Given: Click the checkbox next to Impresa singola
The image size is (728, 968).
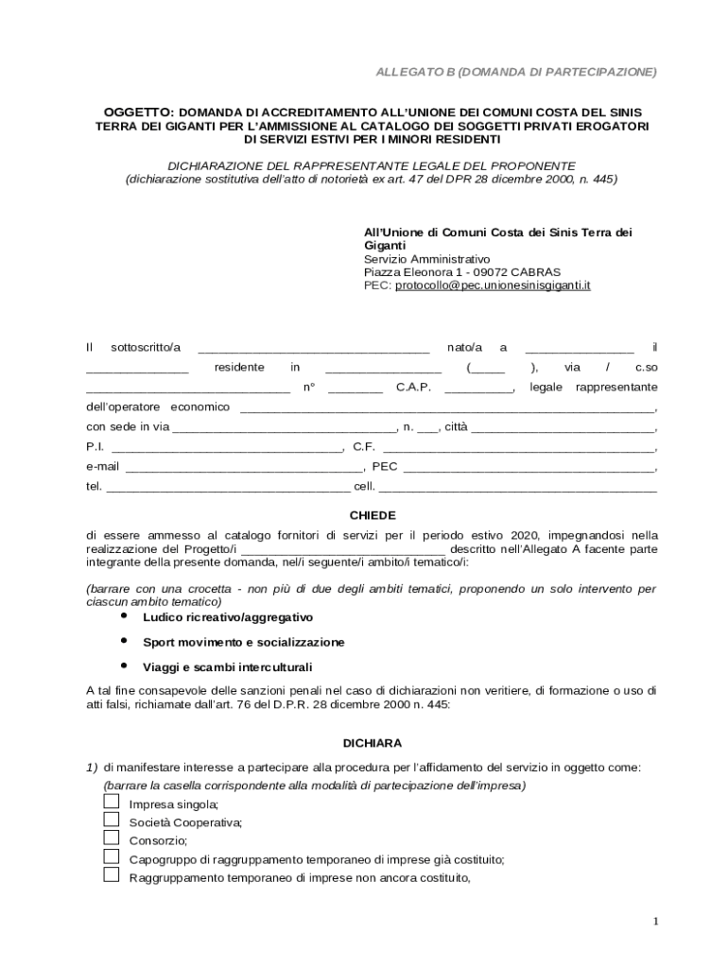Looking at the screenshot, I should pos(111,803).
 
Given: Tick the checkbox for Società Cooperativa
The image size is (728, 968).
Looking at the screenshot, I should pos(111,820).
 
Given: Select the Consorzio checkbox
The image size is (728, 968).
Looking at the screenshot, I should pos(111,838).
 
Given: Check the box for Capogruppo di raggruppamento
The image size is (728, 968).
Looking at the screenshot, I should pos(111,856).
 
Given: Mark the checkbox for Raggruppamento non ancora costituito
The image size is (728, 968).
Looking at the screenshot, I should pos(111,874).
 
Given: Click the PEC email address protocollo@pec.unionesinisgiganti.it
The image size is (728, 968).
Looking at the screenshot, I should pos(493,285).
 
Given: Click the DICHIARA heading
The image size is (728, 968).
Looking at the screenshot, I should pos(373,743).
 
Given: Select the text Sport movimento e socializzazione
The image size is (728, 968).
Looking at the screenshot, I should pos(243,642).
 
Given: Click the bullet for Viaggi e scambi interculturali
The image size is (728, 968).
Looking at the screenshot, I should pos(124,666).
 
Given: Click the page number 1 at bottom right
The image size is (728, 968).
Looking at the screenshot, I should pos(655,921).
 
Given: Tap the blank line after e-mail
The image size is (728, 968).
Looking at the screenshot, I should pos(244,468).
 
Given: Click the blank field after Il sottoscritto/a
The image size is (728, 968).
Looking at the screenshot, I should pos(313,350).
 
